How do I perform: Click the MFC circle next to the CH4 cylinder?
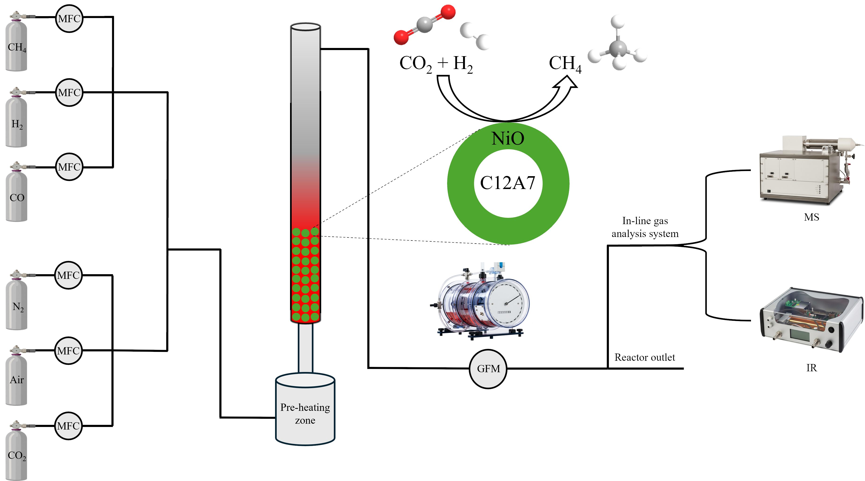click(x=69, y=18)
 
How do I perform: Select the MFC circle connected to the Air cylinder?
click(x=68, y=351)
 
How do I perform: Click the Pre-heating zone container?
click(x=305, y=409)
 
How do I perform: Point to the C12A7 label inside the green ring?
click(x=507, y=183)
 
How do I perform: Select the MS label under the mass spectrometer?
click(x=811, y=217)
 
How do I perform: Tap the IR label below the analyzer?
click(x=811, y=368)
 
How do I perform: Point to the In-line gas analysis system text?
click(x=645, y=227)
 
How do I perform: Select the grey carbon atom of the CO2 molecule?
click(x=424, y=25)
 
